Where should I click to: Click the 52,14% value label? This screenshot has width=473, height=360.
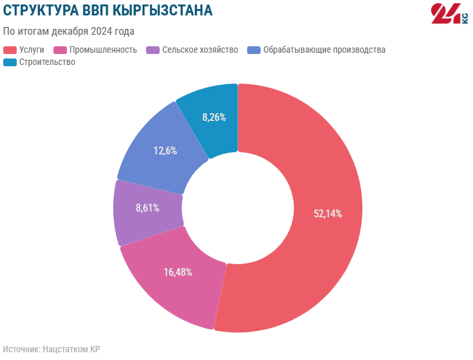pyautogui.click(x=328, y=214)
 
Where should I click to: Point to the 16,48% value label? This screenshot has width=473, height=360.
pyautogui.click(x=178, y=272)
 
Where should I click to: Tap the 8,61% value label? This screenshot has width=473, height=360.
pyautogui.click(x=147, y=208)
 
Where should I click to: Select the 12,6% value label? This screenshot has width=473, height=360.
pyautogui.click(x=165, y=151)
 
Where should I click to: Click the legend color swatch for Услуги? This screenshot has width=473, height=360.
pyautogui.click(x=10, y=50)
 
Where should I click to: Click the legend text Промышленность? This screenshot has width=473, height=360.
pyautogui.click(x=103, y=50)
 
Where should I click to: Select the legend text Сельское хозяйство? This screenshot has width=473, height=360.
pyautogui.click(x=200, y=50)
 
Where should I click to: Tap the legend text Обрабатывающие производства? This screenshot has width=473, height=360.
pyautogui.click(x=324, y=50)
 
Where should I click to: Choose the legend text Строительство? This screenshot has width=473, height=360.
pyautogui.click(x=47, y=62)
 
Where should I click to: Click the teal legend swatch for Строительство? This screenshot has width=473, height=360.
pyautogui.click(x=10, y=62)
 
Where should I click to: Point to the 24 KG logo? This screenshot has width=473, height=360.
pyautogui.click(x=449, y=14)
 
